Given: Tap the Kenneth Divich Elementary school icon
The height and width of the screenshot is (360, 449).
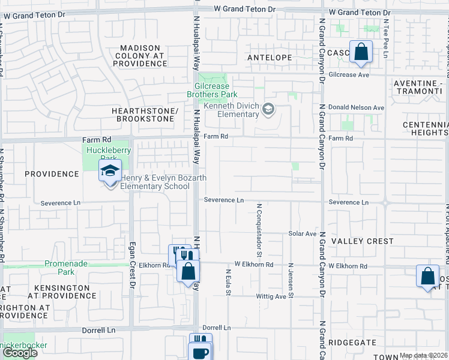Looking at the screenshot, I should (x=268, y=109).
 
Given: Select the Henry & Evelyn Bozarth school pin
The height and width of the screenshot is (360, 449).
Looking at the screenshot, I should (x=110, y=172).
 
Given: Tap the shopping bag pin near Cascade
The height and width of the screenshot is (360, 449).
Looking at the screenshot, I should (x=361, y=53).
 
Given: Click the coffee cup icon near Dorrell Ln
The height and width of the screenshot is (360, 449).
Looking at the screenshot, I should (x=200, y=352).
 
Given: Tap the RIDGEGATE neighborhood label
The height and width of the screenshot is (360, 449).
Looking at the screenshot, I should (x=352, y=343).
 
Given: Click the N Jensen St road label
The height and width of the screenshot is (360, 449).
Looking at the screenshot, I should (x=291, y=280).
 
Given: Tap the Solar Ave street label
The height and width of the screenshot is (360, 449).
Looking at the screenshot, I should (x=302, y=233).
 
